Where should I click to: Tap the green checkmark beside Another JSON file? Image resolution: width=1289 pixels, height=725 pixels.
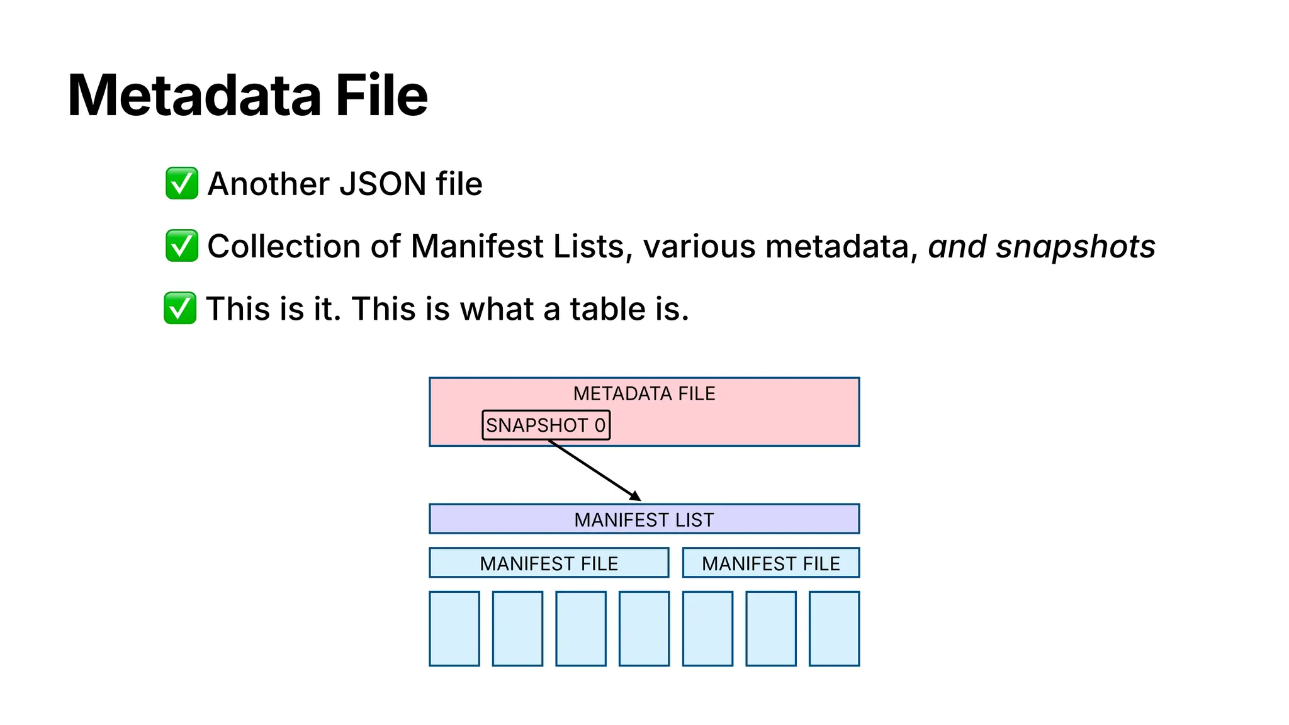(182, 183)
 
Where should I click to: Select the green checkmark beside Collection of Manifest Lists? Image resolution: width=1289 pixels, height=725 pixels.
(182, 245)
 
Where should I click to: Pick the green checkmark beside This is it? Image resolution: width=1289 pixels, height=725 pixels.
(181, 308)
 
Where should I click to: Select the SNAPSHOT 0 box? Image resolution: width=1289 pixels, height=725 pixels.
(546, 425)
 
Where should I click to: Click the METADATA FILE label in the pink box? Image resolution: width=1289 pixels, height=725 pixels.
(644, 393)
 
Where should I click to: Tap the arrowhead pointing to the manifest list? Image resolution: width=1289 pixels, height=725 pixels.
(636, 497)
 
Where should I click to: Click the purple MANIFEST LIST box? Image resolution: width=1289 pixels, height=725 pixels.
(644, 519)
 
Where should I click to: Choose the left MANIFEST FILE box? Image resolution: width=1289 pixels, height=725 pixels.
(549, 563)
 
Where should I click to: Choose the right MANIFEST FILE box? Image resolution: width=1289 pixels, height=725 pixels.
(770, 563)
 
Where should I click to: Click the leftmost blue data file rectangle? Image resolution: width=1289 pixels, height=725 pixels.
(454, 628)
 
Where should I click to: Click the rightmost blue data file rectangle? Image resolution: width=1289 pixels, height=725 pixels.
(834, 628)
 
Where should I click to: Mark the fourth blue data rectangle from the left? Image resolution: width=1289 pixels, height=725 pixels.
(644, 628)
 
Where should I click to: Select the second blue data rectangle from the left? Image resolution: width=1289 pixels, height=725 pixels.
(517, 628)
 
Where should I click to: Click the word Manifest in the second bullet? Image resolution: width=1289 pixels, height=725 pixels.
(476, 246)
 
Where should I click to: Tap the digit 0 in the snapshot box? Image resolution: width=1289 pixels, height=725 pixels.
(600, 425)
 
